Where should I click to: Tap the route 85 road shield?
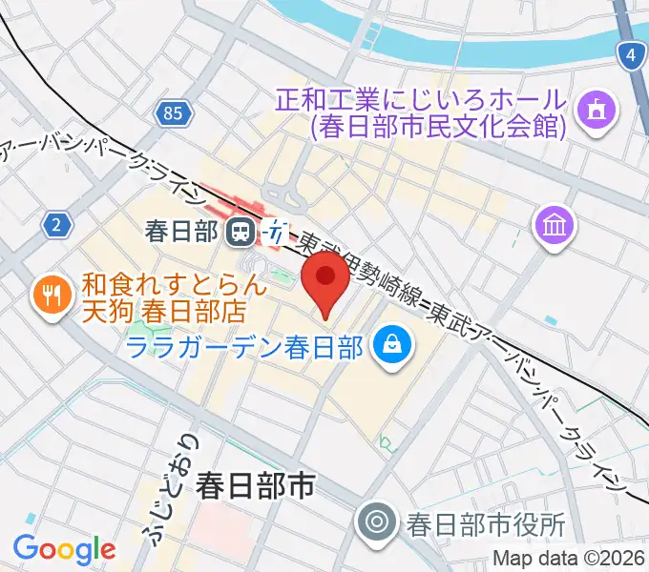[x=173, y=113]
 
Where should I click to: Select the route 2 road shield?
[x=58, y=225]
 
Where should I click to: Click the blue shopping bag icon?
[x=391, y=344]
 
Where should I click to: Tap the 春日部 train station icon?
[x=241, y=231]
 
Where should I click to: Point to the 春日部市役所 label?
[x=486, y=523]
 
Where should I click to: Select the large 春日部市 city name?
[x=255, y=488]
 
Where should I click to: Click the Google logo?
[x=64, y=548]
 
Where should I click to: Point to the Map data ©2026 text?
[x=569, y=560]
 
